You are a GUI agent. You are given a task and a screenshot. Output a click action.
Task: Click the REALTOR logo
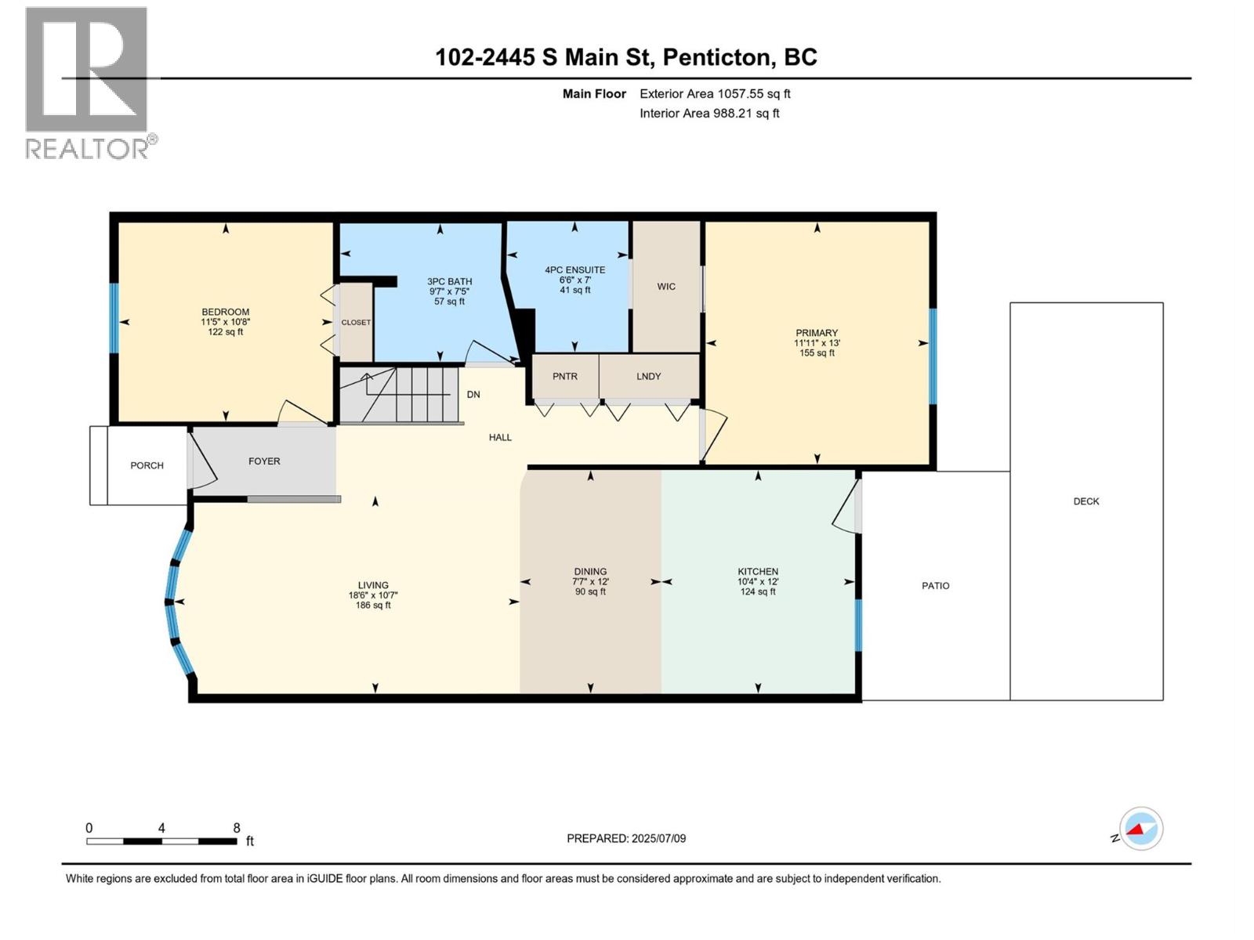(86, 82)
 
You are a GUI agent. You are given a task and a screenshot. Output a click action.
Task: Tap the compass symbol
(1141, 829)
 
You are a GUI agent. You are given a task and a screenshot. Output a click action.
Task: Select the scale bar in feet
(161, 841)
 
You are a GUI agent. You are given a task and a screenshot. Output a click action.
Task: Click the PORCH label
(147, 465)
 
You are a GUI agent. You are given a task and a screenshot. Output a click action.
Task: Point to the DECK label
(1086, 501)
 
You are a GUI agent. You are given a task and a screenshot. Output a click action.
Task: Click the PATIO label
(935, 585)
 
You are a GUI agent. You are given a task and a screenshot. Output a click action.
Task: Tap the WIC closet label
(666, 287)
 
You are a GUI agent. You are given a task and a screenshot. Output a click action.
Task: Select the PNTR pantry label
(564, 376)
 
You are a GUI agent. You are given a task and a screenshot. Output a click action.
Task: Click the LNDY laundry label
(648, 376)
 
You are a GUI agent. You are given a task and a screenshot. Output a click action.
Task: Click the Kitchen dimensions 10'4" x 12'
(757, 581)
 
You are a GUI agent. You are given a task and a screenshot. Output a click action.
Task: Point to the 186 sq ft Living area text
(373, 605)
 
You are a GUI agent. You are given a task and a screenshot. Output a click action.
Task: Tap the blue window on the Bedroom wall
(114, 318)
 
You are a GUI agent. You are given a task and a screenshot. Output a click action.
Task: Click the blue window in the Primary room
(932, 356)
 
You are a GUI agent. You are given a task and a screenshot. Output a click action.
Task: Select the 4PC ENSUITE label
(574, 269)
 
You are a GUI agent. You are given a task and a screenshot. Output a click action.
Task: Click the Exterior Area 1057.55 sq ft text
(714, 93)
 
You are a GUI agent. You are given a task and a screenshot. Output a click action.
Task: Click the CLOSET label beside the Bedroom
(356, 322)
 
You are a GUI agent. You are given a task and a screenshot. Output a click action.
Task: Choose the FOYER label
(264, 461)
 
